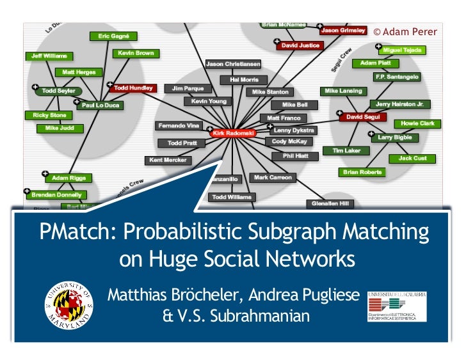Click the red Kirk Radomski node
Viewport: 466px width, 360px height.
[232, 133]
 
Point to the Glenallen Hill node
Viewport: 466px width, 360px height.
[329, 203]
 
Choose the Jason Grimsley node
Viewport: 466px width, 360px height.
[343, 30]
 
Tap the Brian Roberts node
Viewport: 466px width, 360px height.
[362, 172]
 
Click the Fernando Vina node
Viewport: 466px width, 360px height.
[180, 125]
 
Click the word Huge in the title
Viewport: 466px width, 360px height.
[183, 260]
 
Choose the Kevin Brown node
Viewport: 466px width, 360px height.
[136, 54]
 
